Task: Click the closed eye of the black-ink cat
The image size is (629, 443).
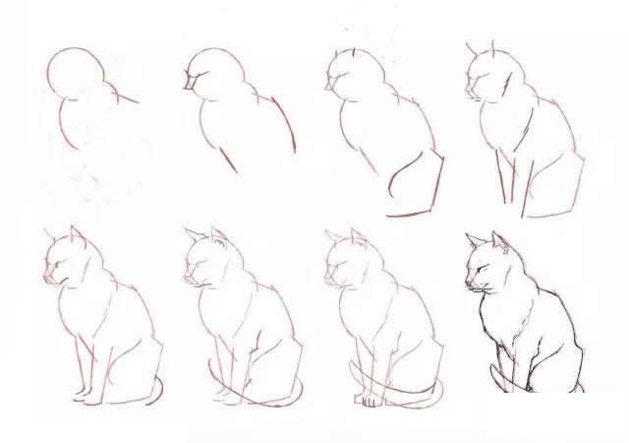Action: tap(481, 267)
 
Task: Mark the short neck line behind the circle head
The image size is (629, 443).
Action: tap(125, 96)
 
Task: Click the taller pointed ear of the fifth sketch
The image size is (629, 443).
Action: tap(75, 236)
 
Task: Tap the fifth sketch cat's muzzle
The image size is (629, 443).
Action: tap(50, 277)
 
